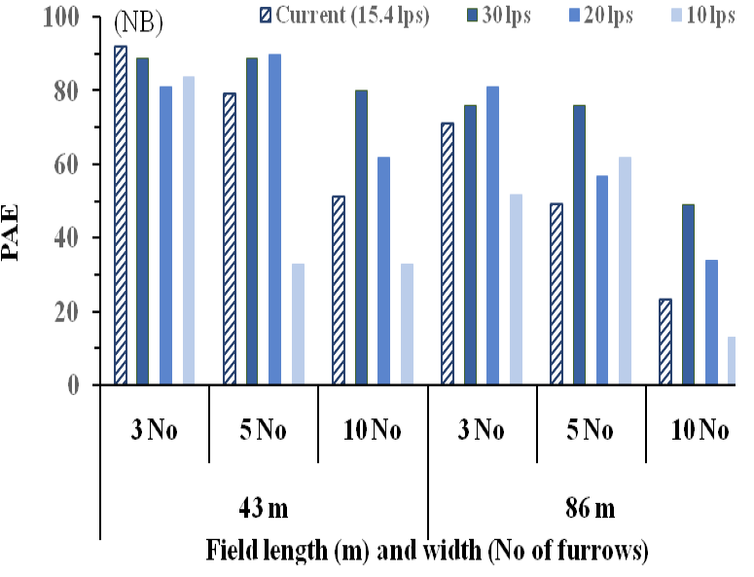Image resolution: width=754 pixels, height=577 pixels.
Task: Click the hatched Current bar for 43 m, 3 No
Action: [x=121, y=215]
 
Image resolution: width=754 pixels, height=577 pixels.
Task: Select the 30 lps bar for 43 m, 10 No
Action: [x=361, y=237]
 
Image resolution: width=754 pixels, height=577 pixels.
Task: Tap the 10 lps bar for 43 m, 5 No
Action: [x=298, y=324]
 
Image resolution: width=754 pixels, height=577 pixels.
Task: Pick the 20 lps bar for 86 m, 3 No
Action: [x=492, y=235]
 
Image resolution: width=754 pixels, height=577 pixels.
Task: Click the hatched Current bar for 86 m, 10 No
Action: [x=665, y=342]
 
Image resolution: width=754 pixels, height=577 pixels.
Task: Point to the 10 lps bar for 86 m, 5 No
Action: [x=625, y=270]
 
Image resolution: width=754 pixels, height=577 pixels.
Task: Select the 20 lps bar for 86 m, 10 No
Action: [x=711, y=322]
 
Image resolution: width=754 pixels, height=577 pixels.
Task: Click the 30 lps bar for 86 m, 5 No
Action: [x=579, y=245]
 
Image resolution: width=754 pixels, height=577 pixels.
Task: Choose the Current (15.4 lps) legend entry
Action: [x=344, y=16]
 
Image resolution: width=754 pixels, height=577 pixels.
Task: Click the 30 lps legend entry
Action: [x=499, y=16]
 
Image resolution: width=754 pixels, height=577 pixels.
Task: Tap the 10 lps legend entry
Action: [x=702, y=16]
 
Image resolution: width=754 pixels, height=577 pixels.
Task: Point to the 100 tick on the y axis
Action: [x=95, y=17]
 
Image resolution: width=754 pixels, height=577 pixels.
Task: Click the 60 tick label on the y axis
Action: [x=66, y=164]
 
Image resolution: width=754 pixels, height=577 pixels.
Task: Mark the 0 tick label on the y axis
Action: [x=73, y=385]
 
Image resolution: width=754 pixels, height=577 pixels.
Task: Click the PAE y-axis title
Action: [x=10, y=233]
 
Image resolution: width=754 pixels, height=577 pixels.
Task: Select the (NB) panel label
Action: [x=138, y=22]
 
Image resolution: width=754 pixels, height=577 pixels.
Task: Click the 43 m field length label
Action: [x=264, y=508]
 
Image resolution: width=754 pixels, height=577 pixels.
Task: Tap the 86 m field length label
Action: [x=590, y=508]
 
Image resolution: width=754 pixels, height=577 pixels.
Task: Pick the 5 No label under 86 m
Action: [x=590, y=429]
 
